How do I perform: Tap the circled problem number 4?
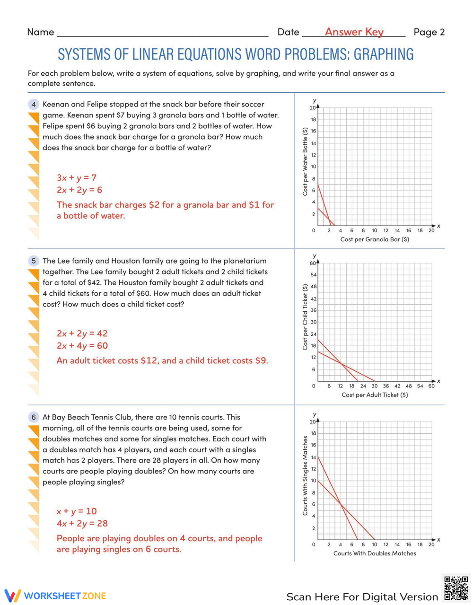[34, 105]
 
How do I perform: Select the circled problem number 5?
[34, 261]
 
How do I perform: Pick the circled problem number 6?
[34, 417]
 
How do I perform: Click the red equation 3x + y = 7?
[77, 178]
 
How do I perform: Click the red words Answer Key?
[354, 32]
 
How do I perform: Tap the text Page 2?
[429, 32]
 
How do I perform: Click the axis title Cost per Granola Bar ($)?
[375, 239]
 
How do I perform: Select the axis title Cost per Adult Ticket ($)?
[375, 395]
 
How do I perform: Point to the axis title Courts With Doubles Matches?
[375, 553]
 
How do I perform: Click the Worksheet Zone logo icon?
[13, 596]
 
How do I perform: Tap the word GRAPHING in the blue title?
[384, 54]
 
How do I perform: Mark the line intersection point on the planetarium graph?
[341, 363]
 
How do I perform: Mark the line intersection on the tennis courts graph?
[341, 505]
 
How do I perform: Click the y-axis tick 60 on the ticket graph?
[313, 263]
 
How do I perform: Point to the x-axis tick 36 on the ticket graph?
[386, 386]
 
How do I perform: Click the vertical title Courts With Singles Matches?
[305, 475]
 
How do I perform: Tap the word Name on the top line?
[41, 32]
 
